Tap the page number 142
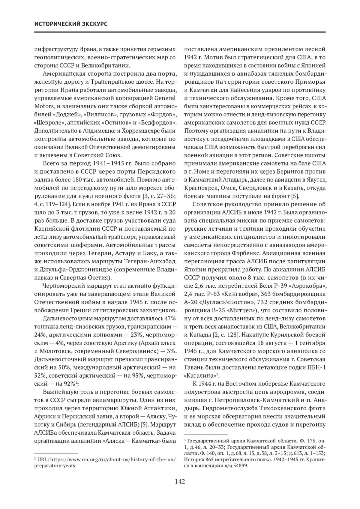coord(180,482)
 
